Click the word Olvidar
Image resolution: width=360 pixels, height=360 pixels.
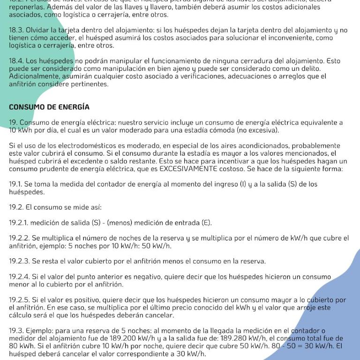coord(37,30)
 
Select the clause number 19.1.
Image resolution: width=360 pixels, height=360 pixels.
coord(15,184)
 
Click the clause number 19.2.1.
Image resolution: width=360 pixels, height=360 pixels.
coord(18,223)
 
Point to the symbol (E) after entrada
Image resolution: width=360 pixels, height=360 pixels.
coord(206,223)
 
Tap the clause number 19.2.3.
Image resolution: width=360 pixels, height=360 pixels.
coord(19,261)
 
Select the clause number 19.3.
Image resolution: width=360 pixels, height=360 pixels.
coord(16,331)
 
